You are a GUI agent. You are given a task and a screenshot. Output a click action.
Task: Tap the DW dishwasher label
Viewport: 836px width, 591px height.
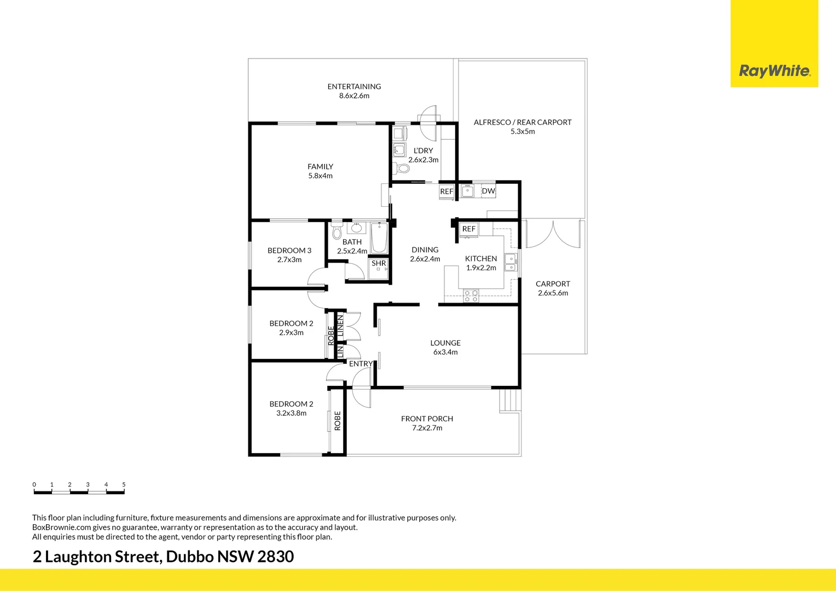488,191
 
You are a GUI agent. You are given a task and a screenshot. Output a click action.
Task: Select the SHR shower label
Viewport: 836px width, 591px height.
379,263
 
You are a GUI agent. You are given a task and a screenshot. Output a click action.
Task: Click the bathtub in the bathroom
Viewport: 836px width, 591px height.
380,238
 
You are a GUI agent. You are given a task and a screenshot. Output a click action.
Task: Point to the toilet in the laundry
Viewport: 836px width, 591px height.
402,169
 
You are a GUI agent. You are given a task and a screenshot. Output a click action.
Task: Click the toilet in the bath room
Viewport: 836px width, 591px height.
336,231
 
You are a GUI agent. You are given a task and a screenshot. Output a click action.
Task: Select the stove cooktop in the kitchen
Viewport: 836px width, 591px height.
471,296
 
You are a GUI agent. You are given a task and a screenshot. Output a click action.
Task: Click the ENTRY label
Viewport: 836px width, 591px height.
361,364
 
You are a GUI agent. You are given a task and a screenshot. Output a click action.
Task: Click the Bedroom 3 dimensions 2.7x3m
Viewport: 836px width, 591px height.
289,259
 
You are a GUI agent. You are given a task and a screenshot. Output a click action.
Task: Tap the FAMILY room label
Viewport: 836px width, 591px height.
320,166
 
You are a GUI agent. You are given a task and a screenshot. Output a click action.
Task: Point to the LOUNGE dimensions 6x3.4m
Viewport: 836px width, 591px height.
445,352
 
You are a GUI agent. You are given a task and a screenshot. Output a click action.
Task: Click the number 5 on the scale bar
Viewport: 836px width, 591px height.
124,485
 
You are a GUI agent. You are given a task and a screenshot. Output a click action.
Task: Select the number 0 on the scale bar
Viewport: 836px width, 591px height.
34,485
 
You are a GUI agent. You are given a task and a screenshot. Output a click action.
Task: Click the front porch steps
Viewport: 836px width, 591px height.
510,400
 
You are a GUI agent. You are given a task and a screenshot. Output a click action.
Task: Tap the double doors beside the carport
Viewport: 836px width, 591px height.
553,234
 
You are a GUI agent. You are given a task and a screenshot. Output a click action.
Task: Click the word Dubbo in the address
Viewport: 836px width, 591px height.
190,557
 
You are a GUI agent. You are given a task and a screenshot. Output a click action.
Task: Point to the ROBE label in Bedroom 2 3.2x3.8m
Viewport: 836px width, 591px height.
338,421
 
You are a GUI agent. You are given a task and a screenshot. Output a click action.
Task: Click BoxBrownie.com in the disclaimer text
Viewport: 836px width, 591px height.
62,527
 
